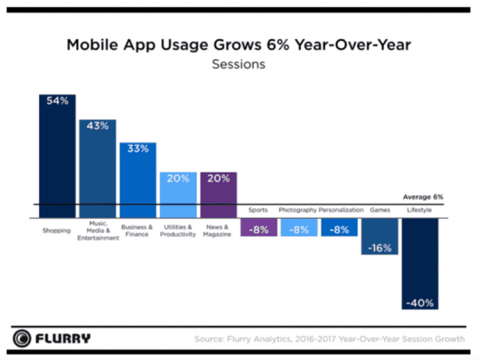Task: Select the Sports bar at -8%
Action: point(259,228)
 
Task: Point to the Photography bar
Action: point(299,228)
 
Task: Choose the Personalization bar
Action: point(339,228)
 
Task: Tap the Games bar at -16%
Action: point(379,236)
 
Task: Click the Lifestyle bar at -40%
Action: point(419,263)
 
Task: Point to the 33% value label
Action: point(138,149)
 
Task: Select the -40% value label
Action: point(419,303)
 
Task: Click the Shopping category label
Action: point(57,231)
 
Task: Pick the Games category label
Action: point(379,210)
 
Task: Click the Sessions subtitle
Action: point(239,65)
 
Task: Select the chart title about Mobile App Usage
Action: point(239,46)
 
